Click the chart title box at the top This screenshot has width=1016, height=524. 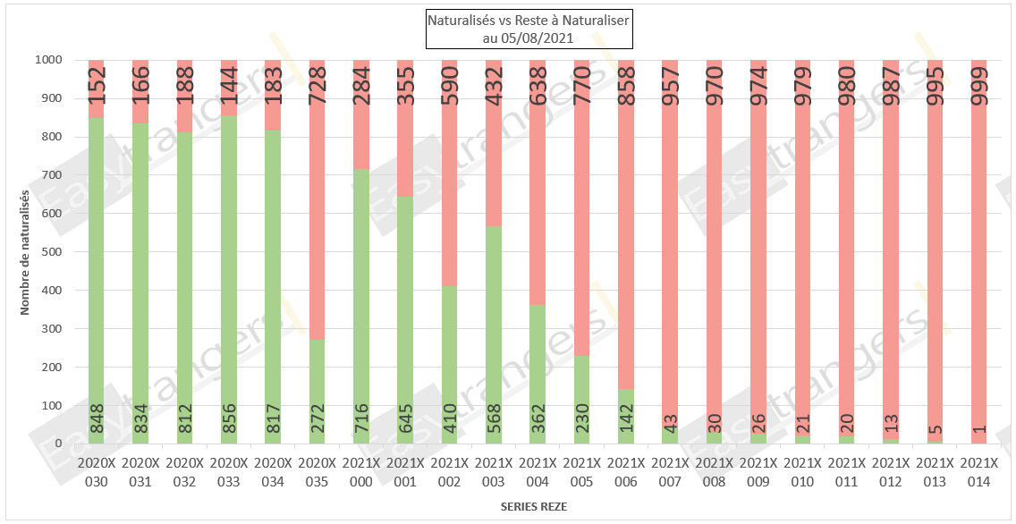pyautogui.click(x=528, y=30)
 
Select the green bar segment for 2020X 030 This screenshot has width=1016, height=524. pyautogui.click(x=97, y=281)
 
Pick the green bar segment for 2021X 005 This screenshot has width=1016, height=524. pyautogui.click(x=582, y=401)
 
